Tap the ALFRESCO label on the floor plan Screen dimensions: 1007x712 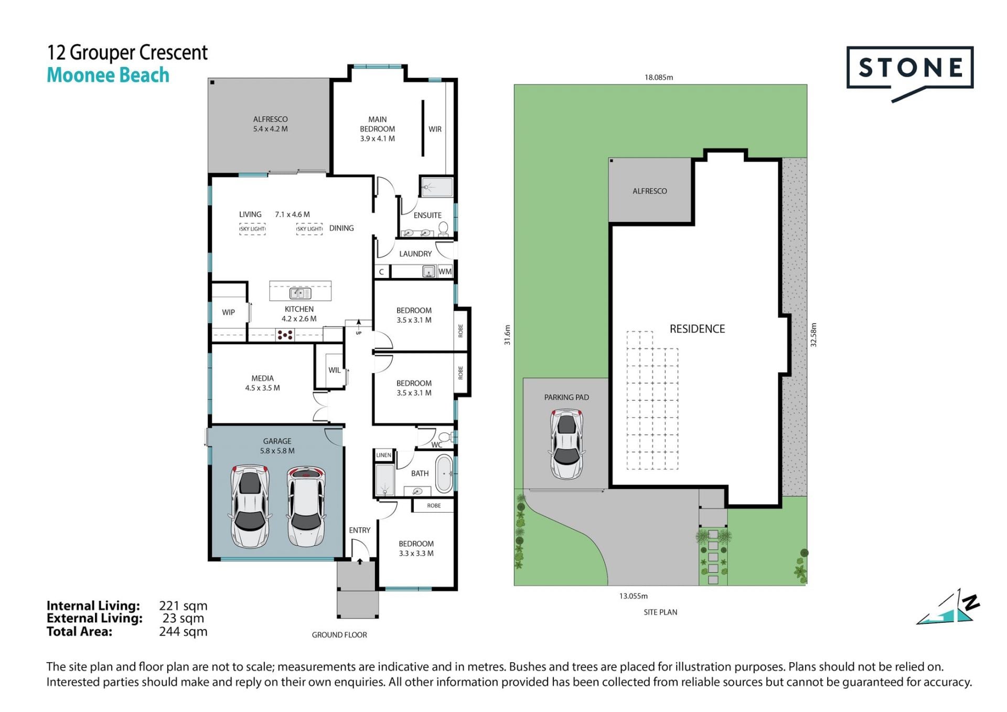point(270,119)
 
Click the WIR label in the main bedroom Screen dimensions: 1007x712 point(435,129)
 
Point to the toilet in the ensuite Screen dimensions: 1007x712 point(443,228)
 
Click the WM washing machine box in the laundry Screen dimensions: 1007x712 point(445,271)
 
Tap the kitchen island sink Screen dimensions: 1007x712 point(300,293)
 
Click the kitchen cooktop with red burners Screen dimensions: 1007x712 point(285,334)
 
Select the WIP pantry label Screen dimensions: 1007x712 point(228,312)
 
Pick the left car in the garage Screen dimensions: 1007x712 point(250,506)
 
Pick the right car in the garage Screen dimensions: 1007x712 point(306,507)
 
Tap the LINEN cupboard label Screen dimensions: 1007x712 point(383,455)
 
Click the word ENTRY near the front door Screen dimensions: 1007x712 point(360,530)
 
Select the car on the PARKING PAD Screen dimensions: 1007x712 point(566,444)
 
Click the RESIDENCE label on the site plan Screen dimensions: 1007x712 point(697,329)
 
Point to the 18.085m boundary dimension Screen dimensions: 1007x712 point(659,77)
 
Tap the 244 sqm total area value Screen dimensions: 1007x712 point(183,632)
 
